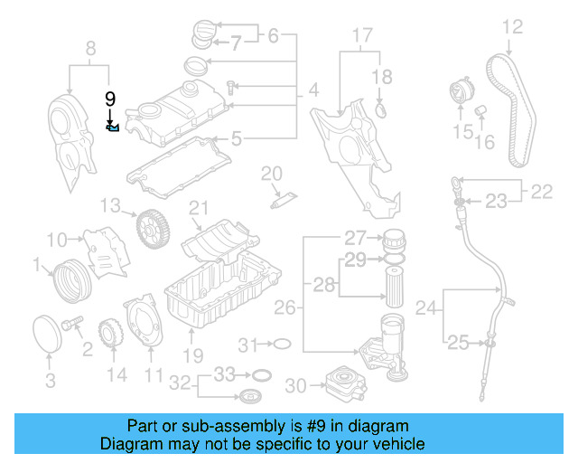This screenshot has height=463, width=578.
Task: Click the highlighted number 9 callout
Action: click(x=111, y=100)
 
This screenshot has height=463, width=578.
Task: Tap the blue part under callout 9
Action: click(x=113, y=128)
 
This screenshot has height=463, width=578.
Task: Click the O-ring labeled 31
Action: click(x=281, y=344)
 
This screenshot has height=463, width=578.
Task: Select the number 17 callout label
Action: click(x=361, y=36)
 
